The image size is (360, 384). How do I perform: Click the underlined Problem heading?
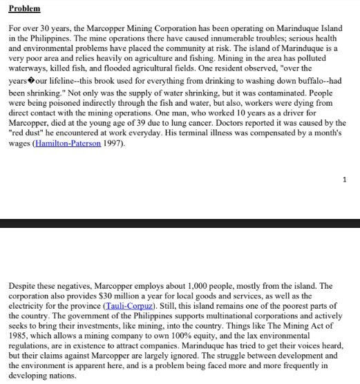coord(25,8)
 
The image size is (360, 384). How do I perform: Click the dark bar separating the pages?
coord(180,222)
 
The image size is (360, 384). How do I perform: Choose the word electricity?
coord(28,305)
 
